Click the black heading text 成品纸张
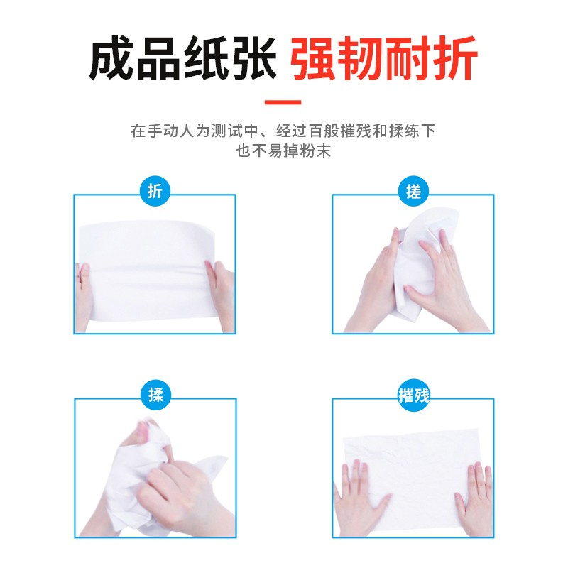(183, 58)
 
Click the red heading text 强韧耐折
(384, 58)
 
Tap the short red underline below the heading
(283, 102)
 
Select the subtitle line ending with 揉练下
(283, 131)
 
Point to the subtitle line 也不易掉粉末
(283, 151)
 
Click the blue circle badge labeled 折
(155, 191)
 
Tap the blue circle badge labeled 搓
(413, 191)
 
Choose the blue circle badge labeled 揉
(155, 395)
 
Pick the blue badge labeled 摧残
(414, 395)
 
